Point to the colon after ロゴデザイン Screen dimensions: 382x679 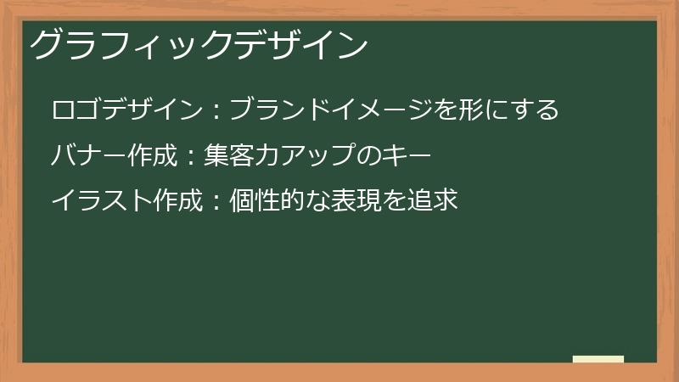(x=216, y=111)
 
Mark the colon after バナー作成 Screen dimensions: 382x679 (x=190, y=156)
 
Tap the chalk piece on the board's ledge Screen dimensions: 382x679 (x=598, y=359)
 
